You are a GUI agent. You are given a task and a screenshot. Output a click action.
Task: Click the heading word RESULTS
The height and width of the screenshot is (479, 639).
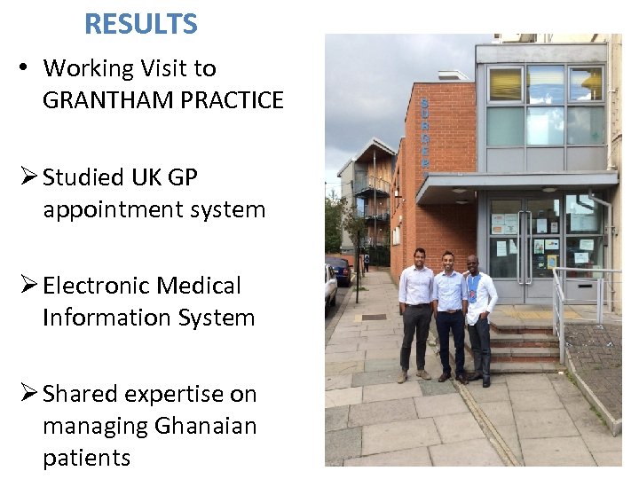click(x=141, y=24)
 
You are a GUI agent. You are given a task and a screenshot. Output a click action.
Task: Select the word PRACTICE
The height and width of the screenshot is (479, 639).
click(x=232, y=100)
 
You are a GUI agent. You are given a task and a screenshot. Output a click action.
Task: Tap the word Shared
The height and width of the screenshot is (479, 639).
click(x=80, y=394)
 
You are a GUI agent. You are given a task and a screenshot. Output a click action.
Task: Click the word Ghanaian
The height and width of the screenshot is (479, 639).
click(x=205, y=426)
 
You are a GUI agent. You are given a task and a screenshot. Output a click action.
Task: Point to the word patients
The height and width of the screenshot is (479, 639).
click(x=86, y=458)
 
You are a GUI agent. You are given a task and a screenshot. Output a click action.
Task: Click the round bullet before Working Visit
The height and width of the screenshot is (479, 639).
click(x=25, y=68)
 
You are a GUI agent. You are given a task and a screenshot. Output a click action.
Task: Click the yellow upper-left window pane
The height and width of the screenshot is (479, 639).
click(x=506, y=84)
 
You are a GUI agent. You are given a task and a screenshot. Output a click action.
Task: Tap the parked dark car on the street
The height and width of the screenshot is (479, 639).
click(x=341, y=270)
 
